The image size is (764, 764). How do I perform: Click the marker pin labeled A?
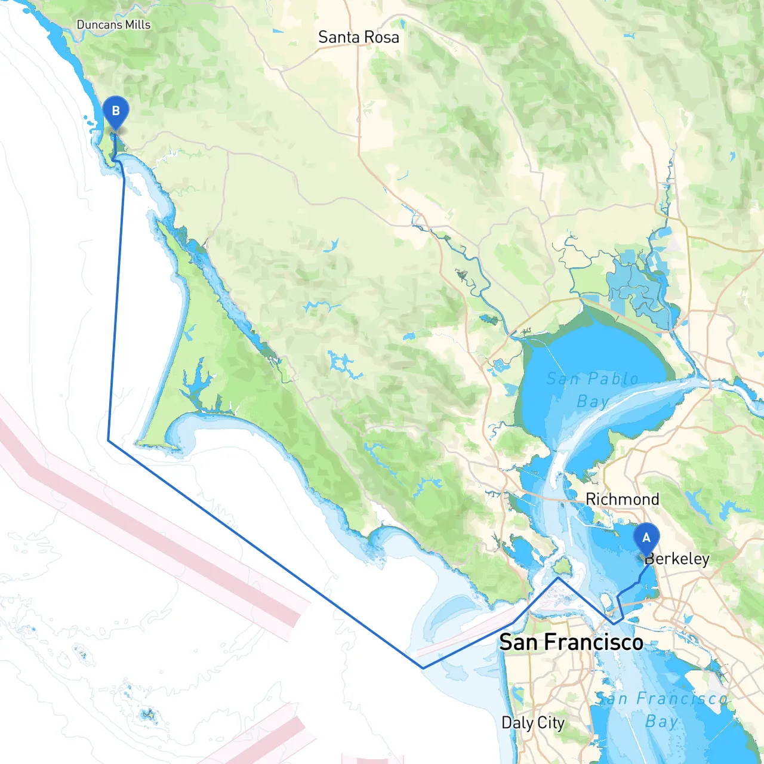tap(646, 538)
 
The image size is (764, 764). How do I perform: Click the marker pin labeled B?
tap(115, 112)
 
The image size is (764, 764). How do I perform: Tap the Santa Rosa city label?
tap(358, 37)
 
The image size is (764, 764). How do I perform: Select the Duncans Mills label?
tap(113, 24)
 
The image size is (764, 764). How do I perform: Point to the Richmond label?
tap(622, 499)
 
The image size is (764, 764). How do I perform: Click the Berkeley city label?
tap(677, 559)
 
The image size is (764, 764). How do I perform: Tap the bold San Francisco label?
tap(571, 642)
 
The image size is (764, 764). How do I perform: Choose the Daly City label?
tap(532, 723)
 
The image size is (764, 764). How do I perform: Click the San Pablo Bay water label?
tap(592, 389)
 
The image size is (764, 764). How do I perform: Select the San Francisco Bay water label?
tap(661, 709)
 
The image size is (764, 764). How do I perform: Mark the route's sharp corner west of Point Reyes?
tap(108, 440)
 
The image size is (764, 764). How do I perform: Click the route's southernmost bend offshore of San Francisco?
tap(423, 668)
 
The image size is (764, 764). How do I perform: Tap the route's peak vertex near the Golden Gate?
tap(558, 577)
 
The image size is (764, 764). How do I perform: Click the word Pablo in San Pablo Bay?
tap(613, 378)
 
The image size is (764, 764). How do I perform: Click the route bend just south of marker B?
tap(118, 160)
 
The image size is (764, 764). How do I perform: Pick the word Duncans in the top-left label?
tap(99, 24)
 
